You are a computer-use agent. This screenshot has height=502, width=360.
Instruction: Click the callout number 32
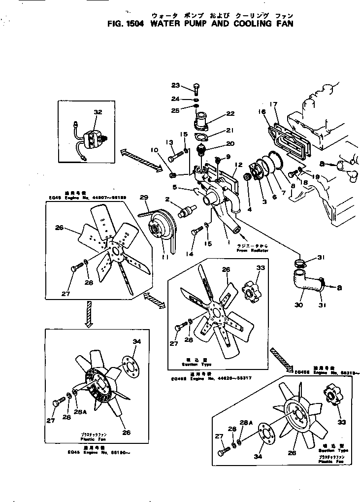tap(98, 112)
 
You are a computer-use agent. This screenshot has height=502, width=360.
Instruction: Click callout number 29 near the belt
tap(143, 198)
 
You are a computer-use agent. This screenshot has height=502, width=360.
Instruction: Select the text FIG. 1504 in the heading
tap(124, 23)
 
